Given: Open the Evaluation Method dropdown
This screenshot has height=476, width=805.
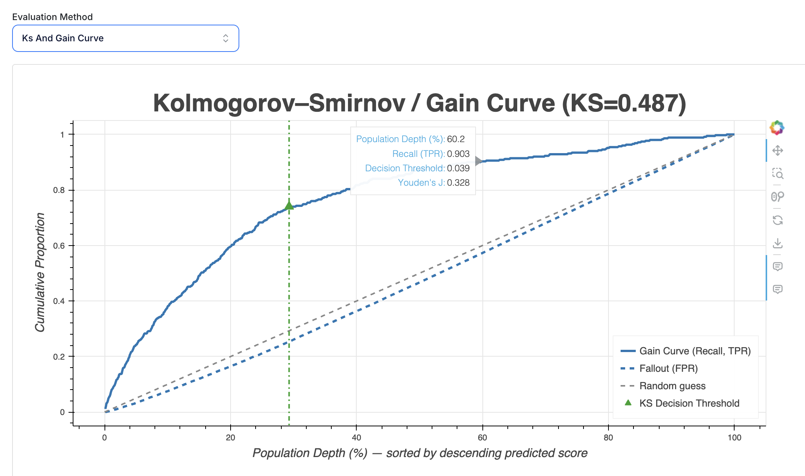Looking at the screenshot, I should click(x=125, y=38).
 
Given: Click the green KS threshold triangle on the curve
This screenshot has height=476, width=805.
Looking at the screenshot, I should click(x=289, y=205).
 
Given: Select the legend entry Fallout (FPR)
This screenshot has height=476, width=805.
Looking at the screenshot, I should click(x=668, y=368).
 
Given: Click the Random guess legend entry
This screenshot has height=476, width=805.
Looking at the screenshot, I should click(x=672, y=386).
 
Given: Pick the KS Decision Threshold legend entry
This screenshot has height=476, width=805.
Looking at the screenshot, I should click(x=689, y=403).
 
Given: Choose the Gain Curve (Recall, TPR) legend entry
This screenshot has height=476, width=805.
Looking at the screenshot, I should click(x=694, y=351).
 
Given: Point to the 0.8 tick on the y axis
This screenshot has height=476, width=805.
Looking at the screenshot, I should click(x=59, y=190).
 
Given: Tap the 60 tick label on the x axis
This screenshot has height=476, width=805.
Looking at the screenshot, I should click(x=482, y=438).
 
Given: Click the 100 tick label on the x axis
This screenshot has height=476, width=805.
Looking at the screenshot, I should click(x=734, y=438).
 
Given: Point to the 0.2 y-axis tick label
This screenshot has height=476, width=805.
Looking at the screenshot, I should click(x=59, y=357).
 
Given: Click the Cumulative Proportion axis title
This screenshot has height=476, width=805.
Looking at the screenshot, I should click(x=40, y=272).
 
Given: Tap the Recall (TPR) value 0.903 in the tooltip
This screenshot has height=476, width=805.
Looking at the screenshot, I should click(x=458, y=154).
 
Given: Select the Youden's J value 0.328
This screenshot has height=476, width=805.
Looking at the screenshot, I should click(x=458, y=183).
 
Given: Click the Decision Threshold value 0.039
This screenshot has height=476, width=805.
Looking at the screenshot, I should click(x=458, y=168).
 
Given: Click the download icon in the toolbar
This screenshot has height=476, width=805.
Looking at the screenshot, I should click(x=778, y=243).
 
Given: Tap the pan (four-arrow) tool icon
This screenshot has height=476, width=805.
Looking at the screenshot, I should click(x=778, y=150).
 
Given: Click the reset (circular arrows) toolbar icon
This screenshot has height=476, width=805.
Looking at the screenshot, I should click(x=778, y=220).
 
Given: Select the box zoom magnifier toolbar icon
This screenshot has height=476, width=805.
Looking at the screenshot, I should click(x=778, y=174).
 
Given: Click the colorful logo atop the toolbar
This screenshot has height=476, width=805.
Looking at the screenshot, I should click(x=777, y=128).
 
